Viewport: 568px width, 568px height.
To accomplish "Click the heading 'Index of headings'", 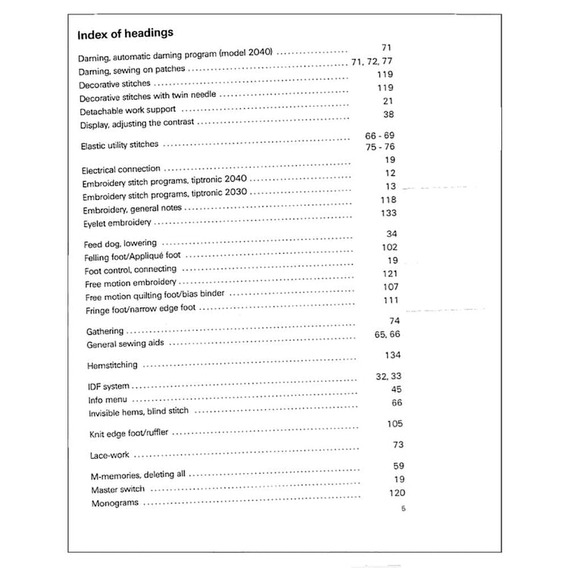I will [126, 33].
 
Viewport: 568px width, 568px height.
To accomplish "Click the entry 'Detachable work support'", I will [128, 111].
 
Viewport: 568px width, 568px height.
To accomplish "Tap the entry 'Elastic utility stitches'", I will [120, 145].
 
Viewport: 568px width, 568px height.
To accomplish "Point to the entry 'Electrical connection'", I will [121, 170].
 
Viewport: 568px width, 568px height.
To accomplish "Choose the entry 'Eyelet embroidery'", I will [117, 223].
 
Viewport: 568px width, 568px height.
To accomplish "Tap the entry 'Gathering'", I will [105, 332].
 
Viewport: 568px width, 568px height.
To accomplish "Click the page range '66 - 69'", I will [380, 135].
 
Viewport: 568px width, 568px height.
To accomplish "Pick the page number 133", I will [389, 214].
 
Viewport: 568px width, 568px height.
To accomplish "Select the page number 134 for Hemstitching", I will [392, 355].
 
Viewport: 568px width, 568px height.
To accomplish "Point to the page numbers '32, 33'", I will [389, 376].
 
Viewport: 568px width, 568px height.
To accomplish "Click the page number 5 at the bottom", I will [404, 508].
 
